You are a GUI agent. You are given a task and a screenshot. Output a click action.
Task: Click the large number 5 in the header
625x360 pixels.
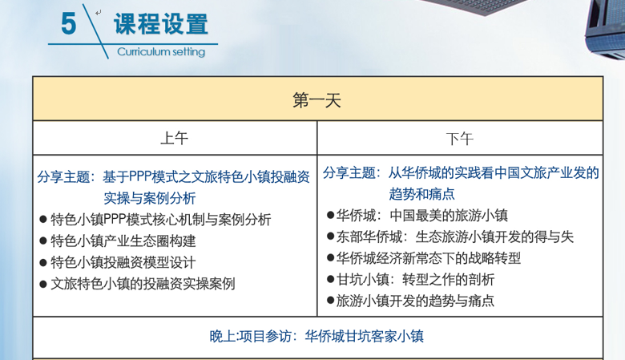[69, 23]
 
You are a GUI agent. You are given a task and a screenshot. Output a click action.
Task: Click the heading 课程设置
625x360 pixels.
[161, 23]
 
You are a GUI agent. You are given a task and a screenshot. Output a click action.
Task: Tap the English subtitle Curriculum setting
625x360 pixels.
[161, 52]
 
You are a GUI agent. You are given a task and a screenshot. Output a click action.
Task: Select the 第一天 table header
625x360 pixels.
[317, 99]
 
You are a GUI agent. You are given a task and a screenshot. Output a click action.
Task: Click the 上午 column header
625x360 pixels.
[174, 139]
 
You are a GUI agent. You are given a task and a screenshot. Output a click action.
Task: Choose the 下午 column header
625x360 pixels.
[460, 140]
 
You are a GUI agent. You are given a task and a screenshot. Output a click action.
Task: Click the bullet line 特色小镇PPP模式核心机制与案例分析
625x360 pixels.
[161, 219]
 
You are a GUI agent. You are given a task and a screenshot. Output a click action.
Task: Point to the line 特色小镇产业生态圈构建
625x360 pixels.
[123, 241]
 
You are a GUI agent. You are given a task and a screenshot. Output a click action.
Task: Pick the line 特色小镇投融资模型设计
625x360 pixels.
[123, 262]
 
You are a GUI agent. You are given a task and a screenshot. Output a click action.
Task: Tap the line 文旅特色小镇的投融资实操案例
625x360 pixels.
[143, 284]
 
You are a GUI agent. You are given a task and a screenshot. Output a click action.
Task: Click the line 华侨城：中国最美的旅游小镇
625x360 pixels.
[422, 216]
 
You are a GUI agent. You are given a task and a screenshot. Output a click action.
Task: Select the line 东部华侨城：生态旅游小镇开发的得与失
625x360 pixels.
[455, 237]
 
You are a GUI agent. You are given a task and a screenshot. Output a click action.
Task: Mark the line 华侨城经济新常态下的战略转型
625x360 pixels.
[429, 258]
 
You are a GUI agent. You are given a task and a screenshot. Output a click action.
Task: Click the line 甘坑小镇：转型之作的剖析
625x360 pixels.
[415, 280]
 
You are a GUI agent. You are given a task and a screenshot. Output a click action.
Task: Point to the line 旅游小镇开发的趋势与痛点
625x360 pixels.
[415, 301]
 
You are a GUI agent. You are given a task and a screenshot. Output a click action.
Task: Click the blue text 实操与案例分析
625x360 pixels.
[150, 198]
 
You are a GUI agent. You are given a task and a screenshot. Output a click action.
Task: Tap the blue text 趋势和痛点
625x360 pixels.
[421, 194]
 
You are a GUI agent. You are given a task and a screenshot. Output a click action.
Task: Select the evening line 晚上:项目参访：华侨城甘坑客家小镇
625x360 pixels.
[317, 336]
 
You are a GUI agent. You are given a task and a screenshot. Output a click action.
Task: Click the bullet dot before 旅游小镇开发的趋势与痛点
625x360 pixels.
[330, 301]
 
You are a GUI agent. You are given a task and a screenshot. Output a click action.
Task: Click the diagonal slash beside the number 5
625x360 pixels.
[95, 31]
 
